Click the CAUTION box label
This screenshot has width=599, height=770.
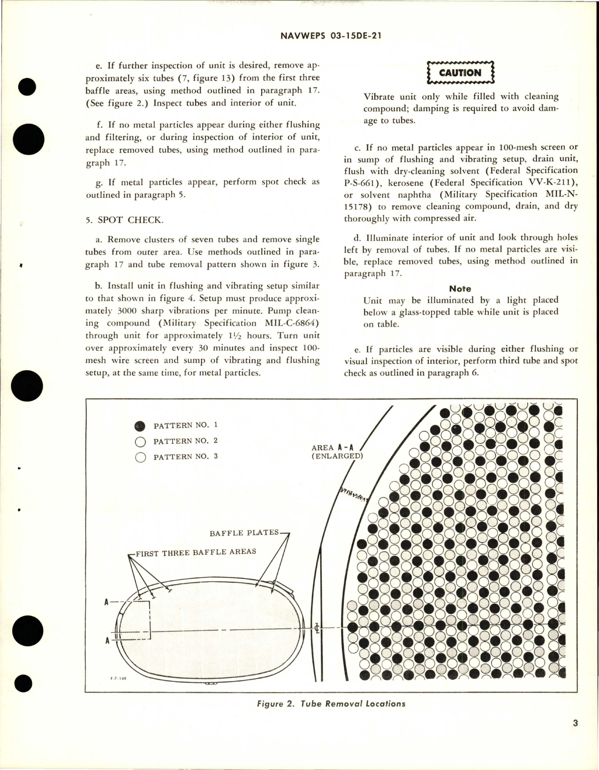click(x=461, y=73)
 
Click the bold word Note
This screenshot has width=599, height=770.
click(x=460, y=289)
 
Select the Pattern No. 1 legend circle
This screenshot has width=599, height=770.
click(x=140, y=426)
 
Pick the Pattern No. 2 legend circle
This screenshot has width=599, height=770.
click(x=140, y=441)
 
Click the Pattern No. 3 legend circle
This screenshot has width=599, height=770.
click(x=140, y=457)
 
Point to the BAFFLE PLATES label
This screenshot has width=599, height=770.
click(x=244, y=533)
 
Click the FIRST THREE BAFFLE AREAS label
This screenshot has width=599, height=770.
click(x=196, y=552)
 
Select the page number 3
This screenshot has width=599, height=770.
click(x=575, y=737)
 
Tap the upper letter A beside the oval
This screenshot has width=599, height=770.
click(x=107, y=603)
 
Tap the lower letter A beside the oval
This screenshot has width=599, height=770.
click(x=107, y=641)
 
